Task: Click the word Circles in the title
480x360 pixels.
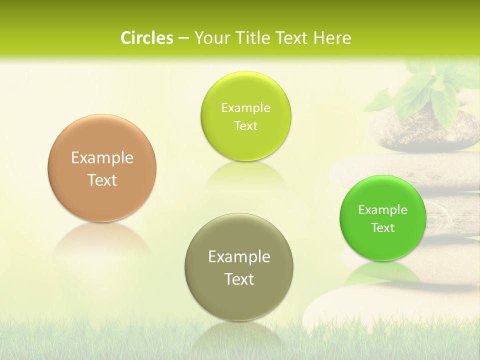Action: pos(146,38)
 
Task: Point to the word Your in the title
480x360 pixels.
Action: pos(209,38)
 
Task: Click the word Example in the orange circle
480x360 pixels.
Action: pos(102,158)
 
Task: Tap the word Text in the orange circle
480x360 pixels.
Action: pos(102,180)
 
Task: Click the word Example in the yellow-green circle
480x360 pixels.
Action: pos(245,108)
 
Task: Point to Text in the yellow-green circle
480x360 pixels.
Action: pos(245,126)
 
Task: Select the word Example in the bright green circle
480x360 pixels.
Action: pos(383,210)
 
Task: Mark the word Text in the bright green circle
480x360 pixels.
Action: pos(383,228)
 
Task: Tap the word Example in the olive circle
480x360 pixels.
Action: pos(239,257)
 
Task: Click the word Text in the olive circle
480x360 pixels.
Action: pos(239,279)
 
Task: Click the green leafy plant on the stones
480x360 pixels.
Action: pos(425,90)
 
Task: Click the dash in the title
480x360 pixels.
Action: pos(183,38)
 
